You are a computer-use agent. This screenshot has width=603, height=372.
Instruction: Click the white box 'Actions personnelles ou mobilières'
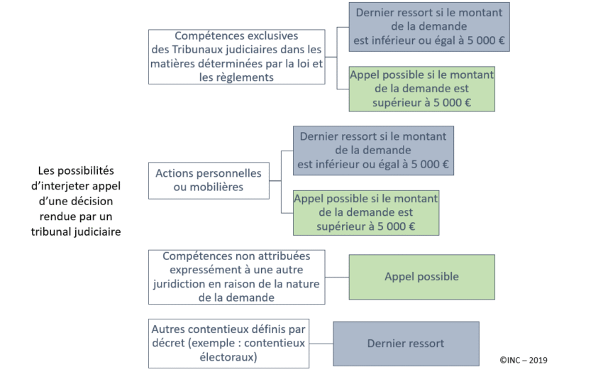click(x=209, y=180)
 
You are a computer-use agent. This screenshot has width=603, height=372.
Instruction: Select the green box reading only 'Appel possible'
click(x=422, y=277)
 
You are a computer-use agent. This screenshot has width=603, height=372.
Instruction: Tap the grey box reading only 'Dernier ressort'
click(x=406, y=344)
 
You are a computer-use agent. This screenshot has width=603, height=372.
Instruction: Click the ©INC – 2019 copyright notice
click(x=524, y=360)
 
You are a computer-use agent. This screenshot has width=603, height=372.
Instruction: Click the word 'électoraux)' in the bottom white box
click(x=228, y=357)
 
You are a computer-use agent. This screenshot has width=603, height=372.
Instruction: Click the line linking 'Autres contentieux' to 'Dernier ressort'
click(x=321, y=344)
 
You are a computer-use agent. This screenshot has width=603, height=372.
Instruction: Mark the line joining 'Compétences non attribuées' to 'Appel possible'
click(x=337, y=277)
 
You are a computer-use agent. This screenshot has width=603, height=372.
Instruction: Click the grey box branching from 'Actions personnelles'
click(x=373, y=151)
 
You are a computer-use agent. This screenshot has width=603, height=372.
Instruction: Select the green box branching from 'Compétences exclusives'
click(x=422, y=89)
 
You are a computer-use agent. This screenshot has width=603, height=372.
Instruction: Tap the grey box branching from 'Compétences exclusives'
click(x=429, y=27)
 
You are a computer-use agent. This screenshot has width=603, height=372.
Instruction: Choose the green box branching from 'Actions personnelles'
click(x=366, y=213)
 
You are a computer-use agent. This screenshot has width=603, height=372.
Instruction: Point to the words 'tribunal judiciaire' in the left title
click(x=76, y=232)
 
